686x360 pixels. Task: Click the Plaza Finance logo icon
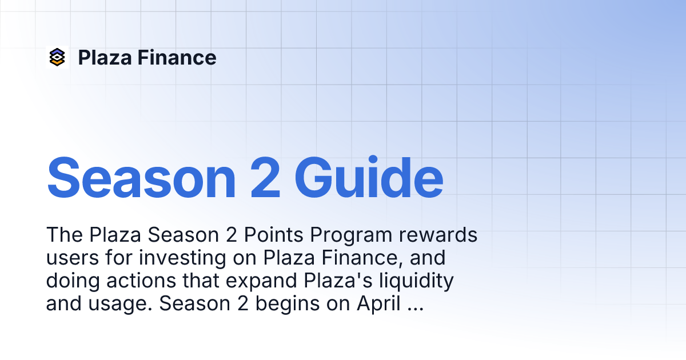[57, 57]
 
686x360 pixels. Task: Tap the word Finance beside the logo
[177, 58]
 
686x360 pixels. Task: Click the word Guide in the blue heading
[369, 178]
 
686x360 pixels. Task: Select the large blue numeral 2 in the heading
[265, 178]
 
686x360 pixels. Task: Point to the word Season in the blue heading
[141, 178]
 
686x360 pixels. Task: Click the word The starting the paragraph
[65, 235]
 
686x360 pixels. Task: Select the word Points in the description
[273, 235]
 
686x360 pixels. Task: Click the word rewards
[438, 235]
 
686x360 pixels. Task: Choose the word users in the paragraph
[73, 258]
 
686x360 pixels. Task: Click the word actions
[141, 281]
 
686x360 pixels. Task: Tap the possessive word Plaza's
[338, 281]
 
